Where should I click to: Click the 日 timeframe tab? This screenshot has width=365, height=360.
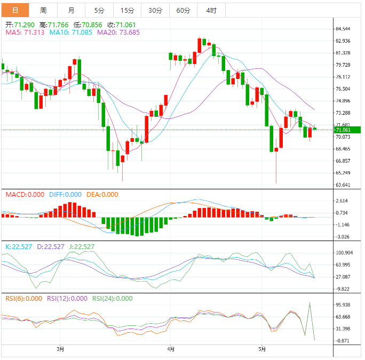tap(15, 10)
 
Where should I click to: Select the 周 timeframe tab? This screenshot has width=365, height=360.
tap(43, 10)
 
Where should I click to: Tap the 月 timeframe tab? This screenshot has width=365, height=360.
tap(72, 10)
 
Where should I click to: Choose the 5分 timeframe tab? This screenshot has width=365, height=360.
tap(99, 10)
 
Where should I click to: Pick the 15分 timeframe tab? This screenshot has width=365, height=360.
tap(128, 10)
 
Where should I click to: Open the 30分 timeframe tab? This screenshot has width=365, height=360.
tap(155, 10)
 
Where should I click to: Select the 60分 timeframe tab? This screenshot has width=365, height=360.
tap(183, 10)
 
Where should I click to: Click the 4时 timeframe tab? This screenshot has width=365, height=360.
tap(211, 10)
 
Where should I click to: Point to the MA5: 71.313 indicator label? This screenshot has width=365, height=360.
tap(25, 33)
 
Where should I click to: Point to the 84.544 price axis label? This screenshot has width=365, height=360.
tap(343, 29)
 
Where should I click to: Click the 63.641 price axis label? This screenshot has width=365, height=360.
tap(343, 185)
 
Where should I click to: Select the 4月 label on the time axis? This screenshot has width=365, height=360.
tap(170, 349)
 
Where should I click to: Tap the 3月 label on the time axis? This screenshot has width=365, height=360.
tap(60, 349)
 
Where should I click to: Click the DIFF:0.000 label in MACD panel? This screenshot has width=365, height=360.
tap(65, 195)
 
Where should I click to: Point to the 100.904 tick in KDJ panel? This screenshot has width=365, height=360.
tap(344, 253)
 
